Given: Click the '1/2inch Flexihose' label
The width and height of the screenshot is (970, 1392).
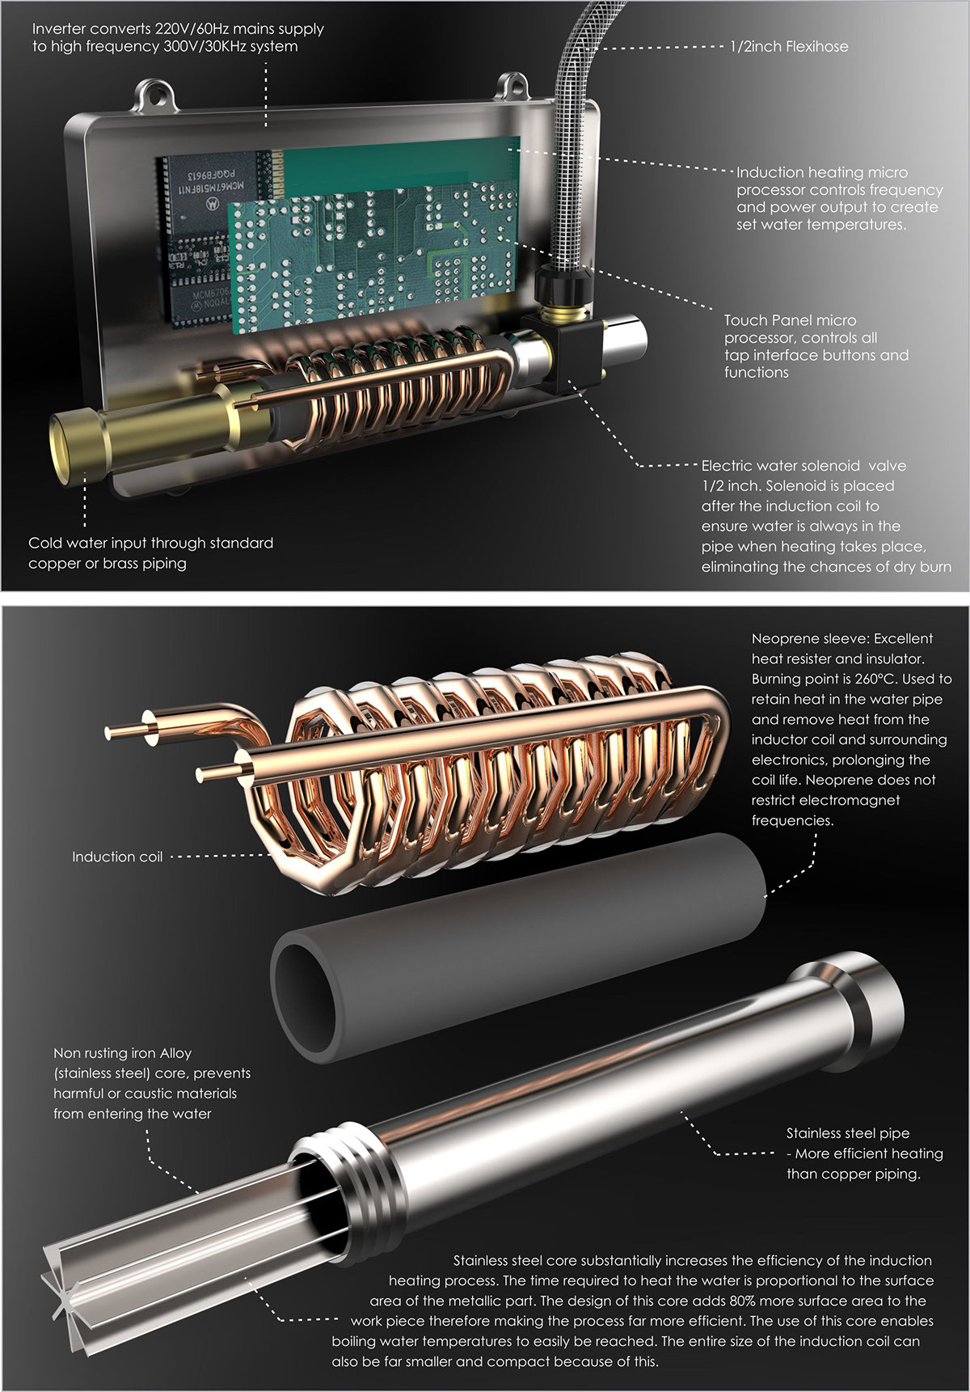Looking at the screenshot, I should [x=788, y=47].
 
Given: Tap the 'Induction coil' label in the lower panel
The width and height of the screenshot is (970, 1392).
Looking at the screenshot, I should [x=117, y=857].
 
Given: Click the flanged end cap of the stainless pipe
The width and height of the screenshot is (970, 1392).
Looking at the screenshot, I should [x=857, y=1004].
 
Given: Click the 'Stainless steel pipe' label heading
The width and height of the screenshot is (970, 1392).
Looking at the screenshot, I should [x=848, y=1133].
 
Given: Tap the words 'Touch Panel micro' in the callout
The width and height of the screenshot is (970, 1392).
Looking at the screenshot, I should [x=790, y=320].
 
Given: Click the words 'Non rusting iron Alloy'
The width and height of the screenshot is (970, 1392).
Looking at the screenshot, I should [x=122, y=1053].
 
